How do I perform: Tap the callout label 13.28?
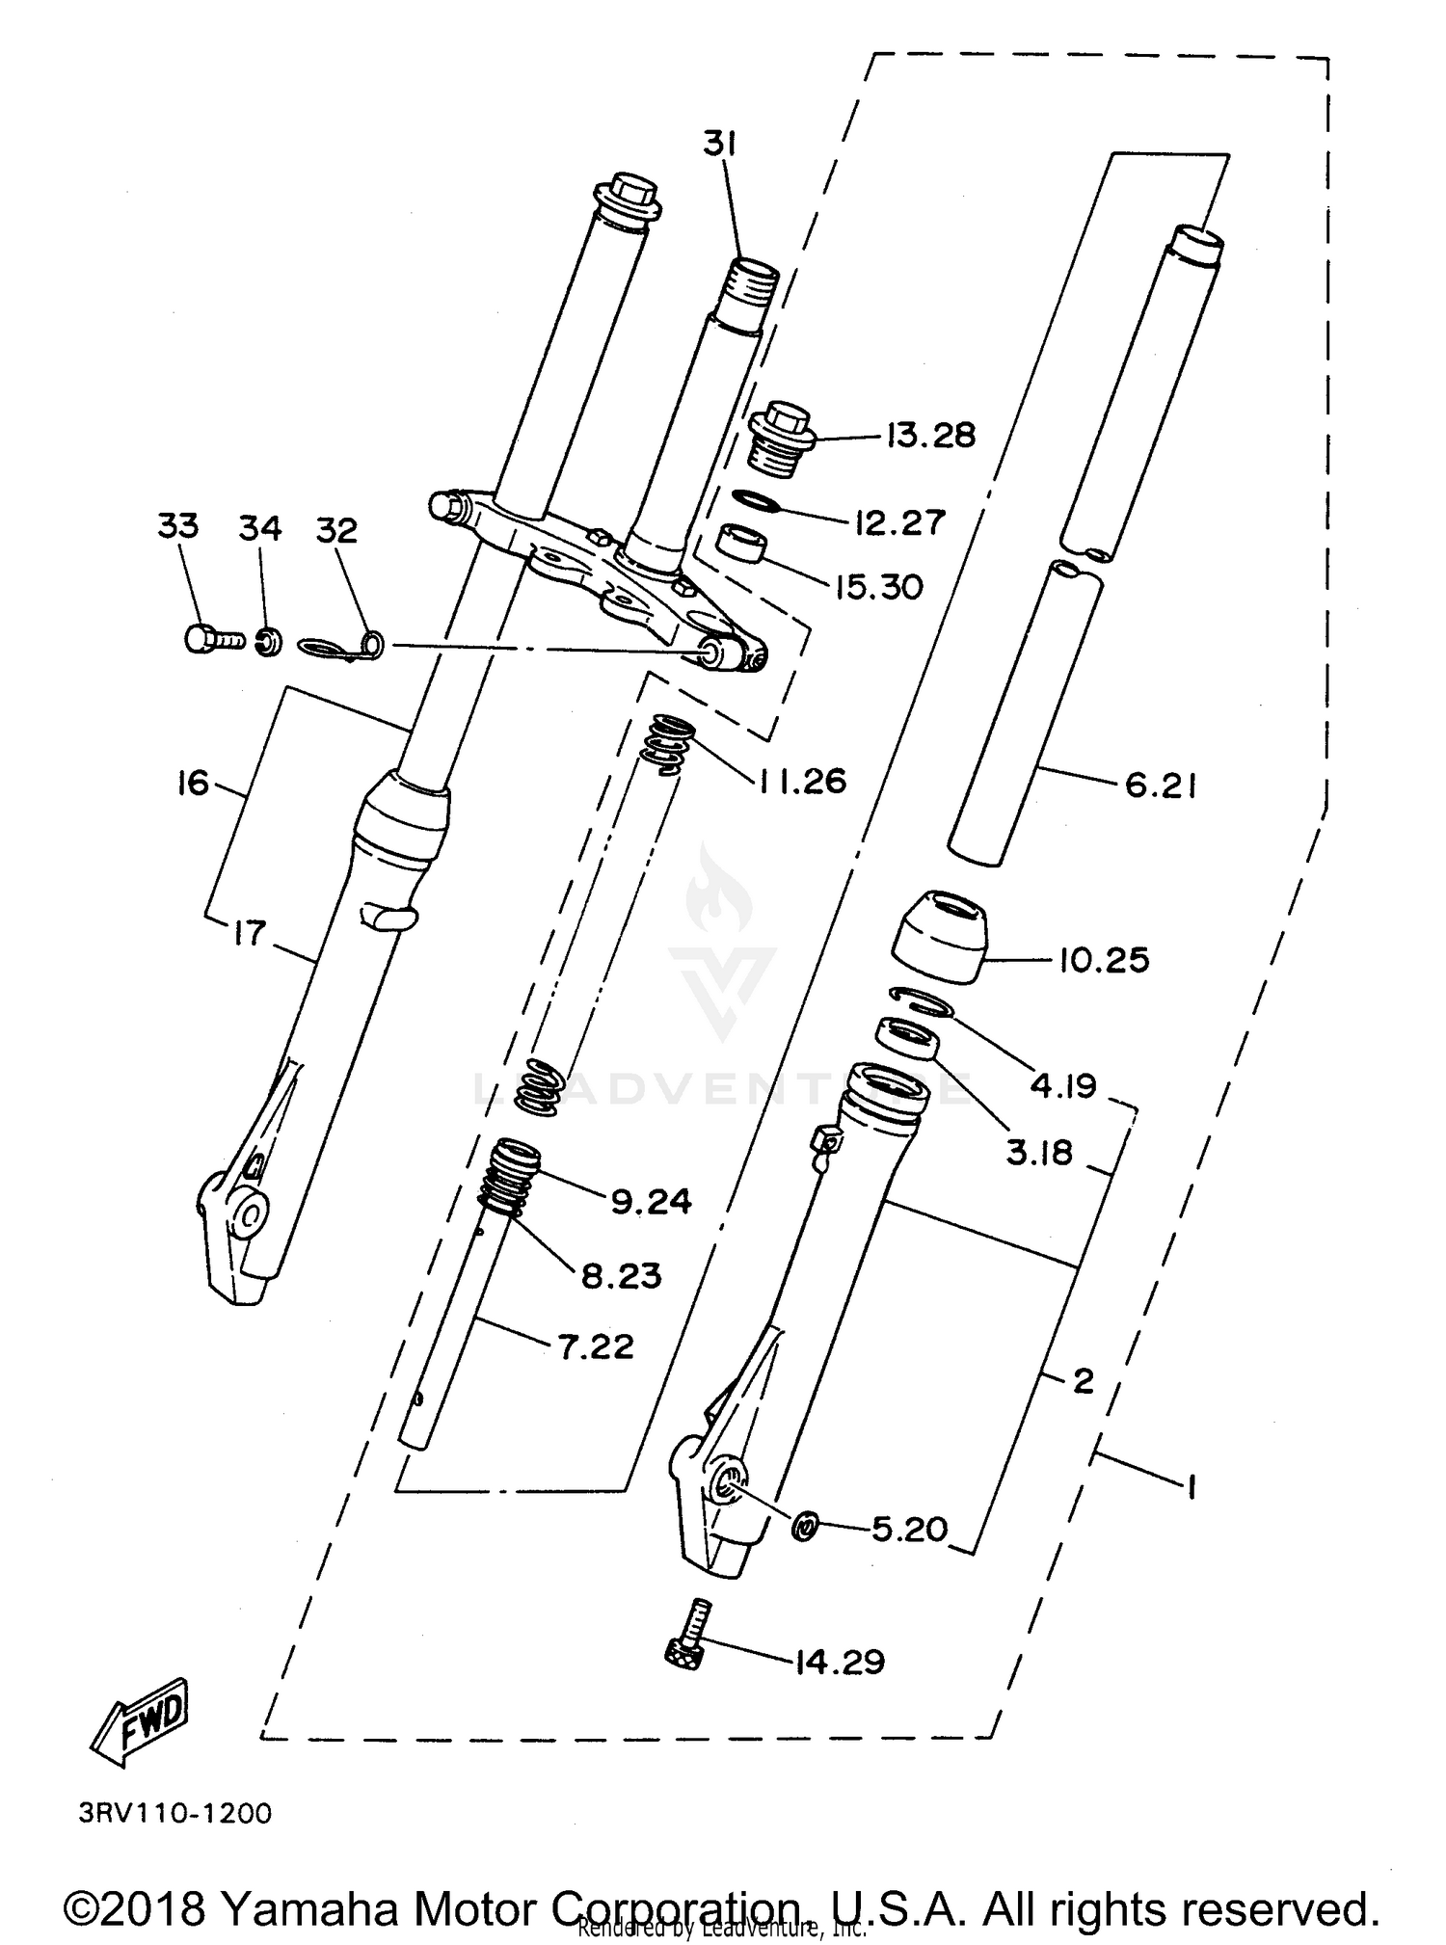[930, 436]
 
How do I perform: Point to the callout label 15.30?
[878, 586]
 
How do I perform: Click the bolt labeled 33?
[213, 638]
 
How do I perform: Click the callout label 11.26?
[801, 781]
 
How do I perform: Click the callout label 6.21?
[1161, 786]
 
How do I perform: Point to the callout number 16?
[193, 783]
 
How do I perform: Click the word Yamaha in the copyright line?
[308, 1905]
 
